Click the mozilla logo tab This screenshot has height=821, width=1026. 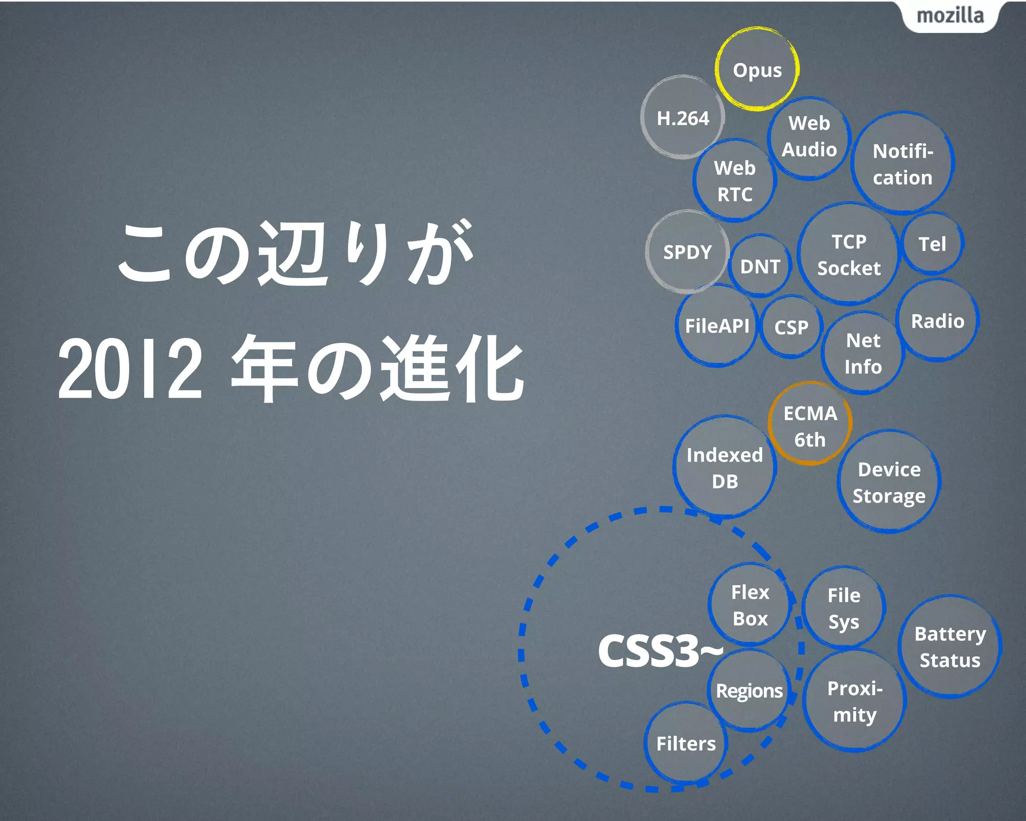pos(950,16)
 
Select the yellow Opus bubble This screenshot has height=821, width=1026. pos(757,70)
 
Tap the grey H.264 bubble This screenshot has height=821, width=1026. pos(683,118)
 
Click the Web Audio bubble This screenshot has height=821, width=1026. pos(809,136)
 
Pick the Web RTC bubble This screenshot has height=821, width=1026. pos(735,181)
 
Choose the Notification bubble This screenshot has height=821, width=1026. pos(903,164)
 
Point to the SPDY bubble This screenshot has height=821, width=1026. pos(687,252)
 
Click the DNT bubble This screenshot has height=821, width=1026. pos(760,266)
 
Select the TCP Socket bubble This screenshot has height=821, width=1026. pos(849,255)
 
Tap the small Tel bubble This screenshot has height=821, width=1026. pos(932,244)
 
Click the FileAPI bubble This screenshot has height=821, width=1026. pos(717,326)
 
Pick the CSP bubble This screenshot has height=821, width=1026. pos(791,327)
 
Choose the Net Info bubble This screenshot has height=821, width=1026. pos(863,353)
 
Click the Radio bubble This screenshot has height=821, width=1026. pos(937,321)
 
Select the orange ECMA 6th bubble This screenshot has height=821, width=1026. pos(810,426)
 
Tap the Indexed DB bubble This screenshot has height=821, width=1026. pos(724,468)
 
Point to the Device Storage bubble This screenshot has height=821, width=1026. pos(889,482)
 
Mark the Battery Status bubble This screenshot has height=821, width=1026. pos(950,647)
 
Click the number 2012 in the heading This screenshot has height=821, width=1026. pos(130,369)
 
